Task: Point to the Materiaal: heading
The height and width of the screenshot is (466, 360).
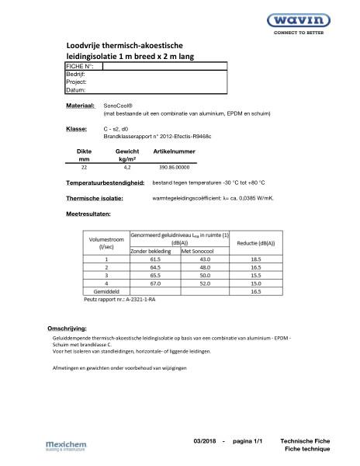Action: (81, 104)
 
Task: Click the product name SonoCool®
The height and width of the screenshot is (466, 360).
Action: (119, 104)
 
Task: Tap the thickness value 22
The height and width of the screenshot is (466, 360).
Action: (84, 167)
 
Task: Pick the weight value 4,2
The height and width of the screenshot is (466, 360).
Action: (127, 167)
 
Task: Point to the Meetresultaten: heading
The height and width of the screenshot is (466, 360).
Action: (93, 212)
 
